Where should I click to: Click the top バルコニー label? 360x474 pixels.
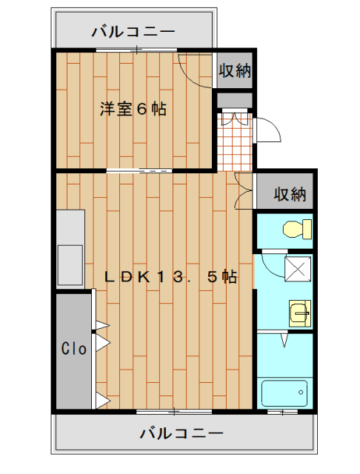click(133, 32)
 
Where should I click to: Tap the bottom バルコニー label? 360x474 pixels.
click(180, 432)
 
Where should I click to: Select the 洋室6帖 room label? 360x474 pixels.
click(133, 110)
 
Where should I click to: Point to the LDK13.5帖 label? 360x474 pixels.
click(170, 278)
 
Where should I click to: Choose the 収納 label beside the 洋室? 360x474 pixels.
click(235, 71)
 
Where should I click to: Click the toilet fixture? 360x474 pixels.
click(296, 229)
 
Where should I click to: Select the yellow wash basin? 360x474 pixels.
click(299, 314)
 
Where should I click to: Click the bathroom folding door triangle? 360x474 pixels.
click(284, 340)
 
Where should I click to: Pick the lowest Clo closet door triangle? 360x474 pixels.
click(101, 401)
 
